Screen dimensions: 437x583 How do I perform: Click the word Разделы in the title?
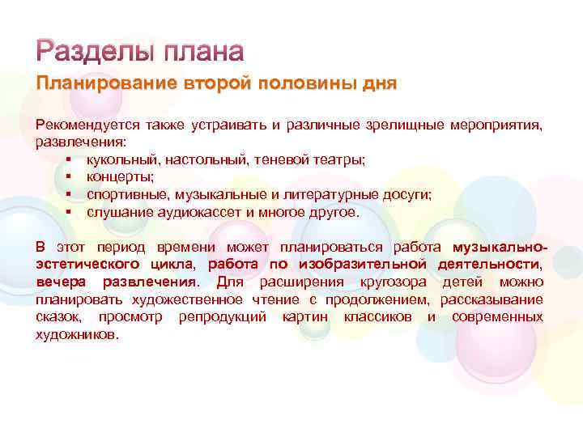95,53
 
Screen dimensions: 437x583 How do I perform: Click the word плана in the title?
203,53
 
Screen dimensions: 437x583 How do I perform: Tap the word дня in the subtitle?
379,85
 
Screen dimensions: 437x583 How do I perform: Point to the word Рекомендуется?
86,125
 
